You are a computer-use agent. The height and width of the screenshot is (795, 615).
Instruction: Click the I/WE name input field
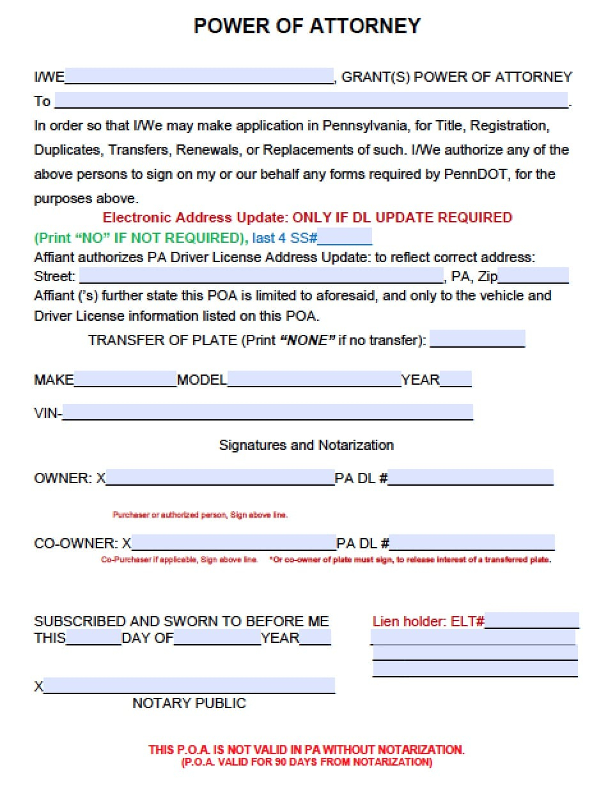(199, 77)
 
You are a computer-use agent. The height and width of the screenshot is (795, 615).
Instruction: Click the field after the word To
(311, 100)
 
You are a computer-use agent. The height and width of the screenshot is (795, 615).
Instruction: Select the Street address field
(261, 276)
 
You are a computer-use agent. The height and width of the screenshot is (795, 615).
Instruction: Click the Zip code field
(533, 276)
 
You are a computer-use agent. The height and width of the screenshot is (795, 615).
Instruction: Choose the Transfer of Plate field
(478, 339)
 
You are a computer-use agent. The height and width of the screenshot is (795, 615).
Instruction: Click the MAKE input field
(125, 380)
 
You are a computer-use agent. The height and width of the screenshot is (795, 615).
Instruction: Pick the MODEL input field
(314, 380)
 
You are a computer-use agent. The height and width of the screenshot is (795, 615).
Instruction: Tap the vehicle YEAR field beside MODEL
(456, 380)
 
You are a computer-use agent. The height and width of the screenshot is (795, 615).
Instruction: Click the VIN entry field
(268, 412)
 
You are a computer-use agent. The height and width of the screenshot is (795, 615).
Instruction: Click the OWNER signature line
(220, 477)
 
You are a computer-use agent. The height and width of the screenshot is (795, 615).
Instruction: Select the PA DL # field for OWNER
(471, 477)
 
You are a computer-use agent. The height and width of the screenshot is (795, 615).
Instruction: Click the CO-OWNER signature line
(233, 543)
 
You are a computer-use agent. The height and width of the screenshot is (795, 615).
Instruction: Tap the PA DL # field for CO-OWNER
(472, 543)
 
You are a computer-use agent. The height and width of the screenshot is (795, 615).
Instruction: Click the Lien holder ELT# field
(532, 621)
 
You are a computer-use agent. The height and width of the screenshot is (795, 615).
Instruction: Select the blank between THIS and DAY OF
(93, 638)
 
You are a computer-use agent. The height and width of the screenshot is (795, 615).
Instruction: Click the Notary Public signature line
(189, 686)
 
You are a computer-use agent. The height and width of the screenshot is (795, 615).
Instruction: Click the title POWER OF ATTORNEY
(307, 26)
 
